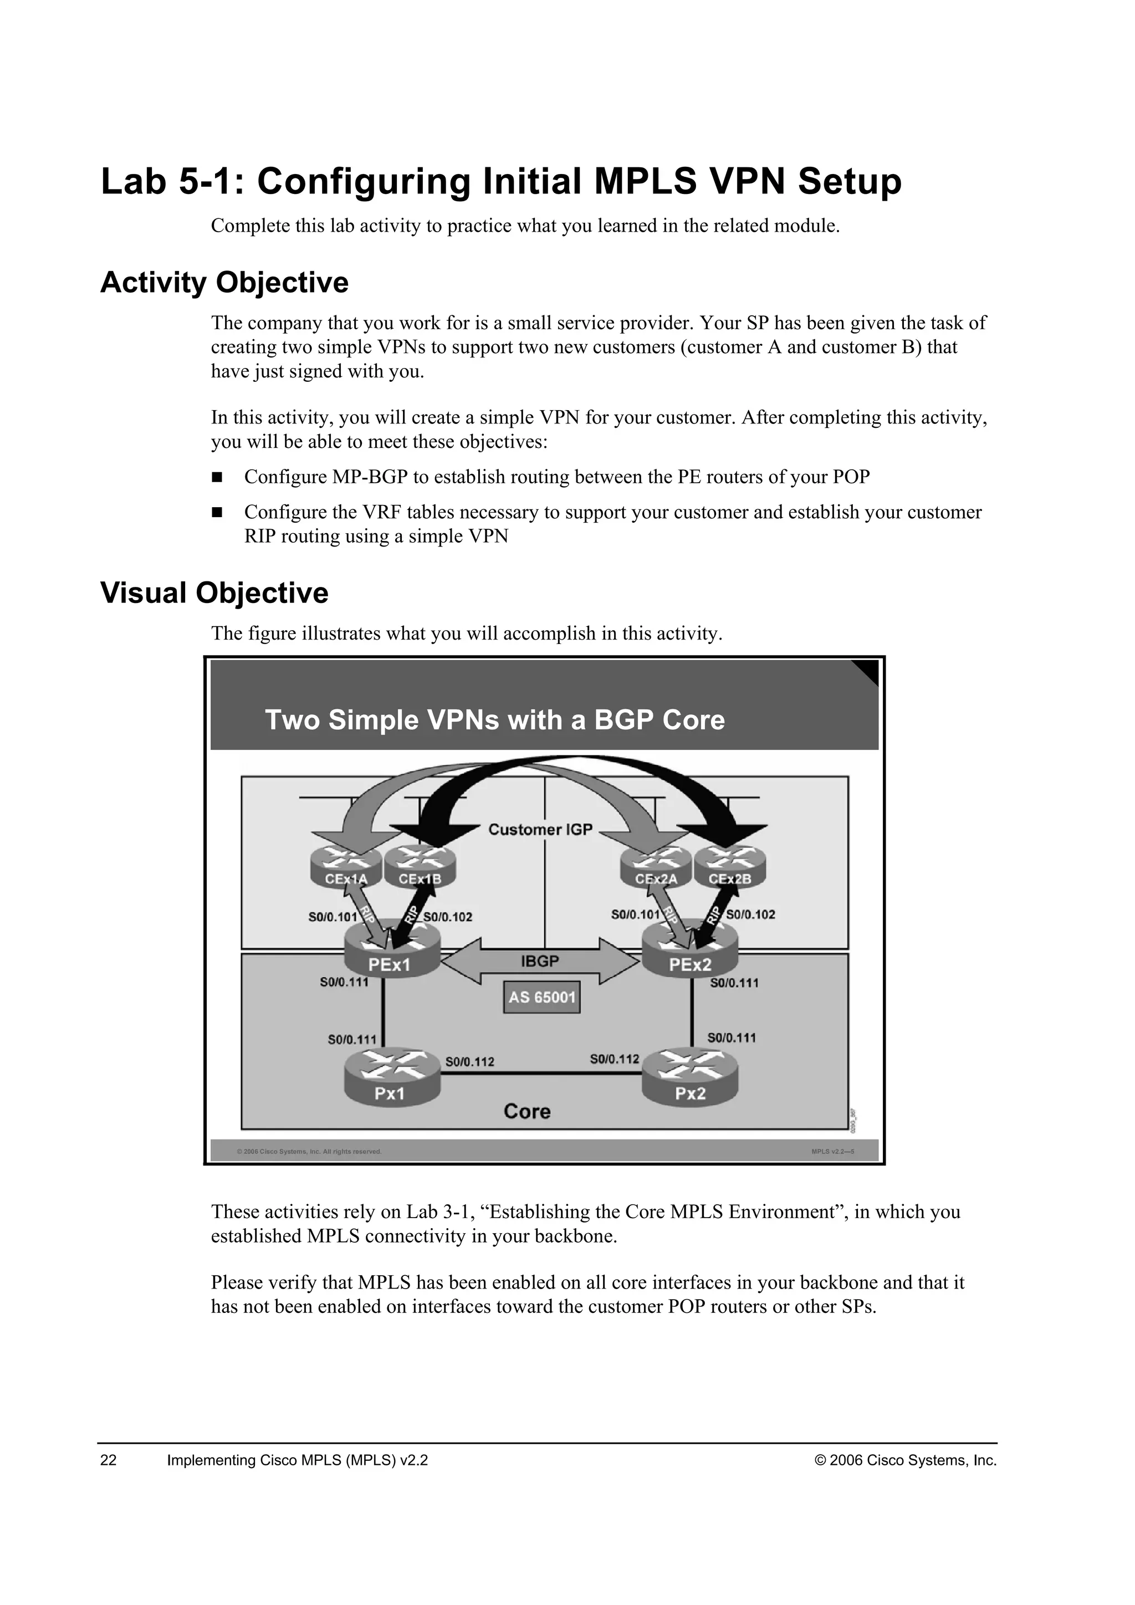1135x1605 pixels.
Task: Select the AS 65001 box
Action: click(x=541, y=998)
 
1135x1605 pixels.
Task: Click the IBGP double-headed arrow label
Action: click(x=540, y=961)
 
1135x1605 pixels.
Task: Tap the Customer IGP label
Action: click(x=540, y=830)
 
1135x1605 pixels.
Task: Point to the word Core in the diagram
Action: click(x=527, y=1112)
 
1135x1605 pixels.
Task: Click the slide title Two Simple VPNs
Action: click(x=495, y=720)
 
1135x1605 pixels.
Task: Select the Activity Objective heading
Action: click(x=224, y=283)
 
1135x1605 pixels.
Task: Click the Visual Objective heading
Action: click(x=214, y=593)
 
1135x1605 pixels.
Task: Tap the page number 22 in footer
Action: click(x=109, y=1460)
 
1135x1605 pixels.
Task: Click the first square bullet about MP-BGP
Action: click(x=217, y=477)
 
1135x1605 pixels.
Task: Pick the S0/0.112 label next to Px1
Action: click(x=469, y=1062)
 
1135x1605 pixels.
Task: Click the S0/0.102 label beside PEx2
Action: click(x=750, y=914)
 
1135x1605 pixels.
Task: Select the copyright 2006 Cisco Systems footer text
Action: click(x=906, y=1460)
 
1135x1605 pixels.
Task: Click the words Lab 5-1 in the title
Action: click(x=172, y=181)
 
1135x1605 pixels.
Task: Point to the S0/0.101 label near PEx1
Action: click(x=333, y=917)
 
